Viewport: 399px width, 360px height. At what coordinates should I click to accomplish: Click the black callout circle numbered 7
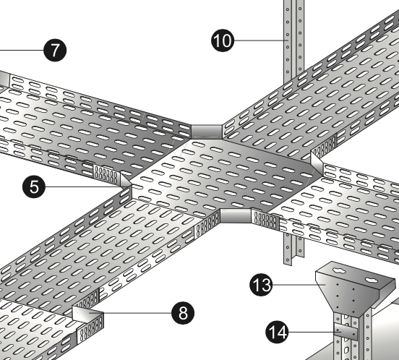[x=55, y=50]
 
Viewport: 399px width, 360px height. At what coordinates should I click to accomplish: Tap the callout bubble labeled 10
[x=223, y=40]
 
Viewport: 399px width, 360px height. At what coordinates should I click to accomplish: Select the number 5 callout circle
[x=34, y=187]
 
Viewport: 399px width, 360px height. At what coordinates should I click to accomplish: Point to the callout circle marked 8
[x=183, y=313]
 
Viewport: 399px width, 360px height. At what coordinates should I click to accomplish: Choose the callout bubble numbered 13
[x=261, y=285]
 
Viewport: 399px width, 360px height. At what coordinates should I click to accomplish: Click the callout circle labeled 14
[x=277, y=332]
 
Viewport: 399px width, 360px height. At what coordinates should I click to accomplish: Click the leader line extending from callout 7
[x=22, y=50]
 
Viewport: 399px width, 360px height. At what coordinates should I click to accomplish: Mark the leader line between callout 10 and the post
[x=261, y=40]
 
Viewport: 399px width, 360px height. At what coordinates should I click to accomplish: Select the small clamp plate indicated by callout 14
[x=346, y=332]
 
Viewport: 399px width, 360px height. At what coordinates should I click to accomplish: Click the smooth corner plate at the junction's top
[x=207, y=132]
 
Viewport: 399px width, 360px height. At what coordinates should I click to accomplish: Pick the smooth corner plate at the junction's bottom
[x=236, y=215]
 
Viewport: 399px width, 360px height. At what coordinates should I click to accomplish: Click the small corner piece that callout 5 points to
[x=126, y=181]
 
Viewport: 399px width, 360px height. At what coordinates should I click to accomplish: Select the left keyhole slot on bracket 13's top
[x=340, y=270]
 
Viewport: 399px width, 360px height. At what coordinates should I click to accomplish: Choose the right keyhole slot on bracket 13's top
[x=372, y=280]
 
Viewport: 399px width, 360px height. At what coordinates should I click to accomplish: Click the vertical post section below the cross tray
[x=293, y=248]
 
